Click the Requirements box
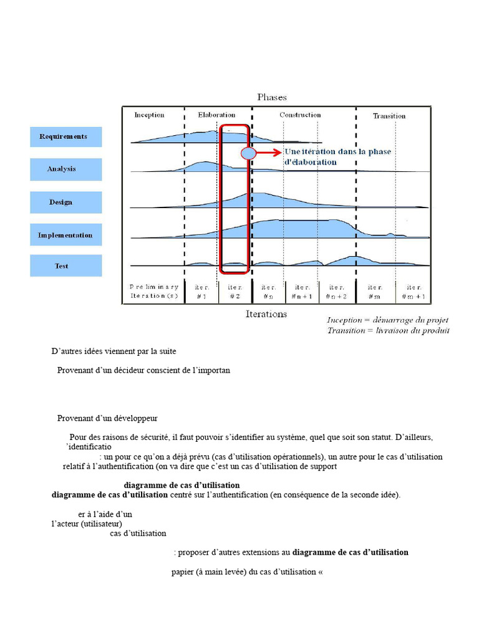65,136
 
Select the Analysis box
65,169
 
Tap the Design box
65,202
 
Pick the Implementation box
65,235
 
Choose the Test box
65,266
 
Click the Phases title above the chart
272,97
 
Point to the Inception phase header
150,115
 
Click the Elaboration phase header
216,115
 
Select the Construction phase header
300,115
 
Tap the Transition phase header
389,116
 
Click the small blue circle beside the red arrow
248,152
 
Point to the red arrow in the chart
268,152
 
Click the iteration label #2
235,292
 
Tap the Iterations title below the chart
266,314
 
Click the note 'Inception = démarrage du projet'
388,320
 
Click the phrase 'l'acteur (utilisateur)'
91,524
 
